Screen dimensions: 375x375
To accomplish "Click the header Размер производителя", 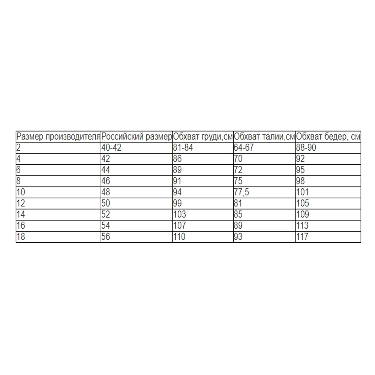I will (x=58, y=136).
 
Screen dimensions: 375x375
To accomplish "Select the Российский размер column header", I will (x=137, y=136).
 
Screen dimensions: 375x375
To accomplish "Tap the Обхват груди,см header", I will (x=203, y=136).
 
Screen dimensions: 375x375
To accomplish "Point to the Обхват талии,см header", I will (x=264, y=136).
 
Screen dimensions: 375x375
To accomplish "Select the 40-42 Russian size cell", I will (x=111, y=147).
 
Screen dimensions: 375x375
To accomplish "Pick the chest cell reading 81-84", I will (x=183, y=147).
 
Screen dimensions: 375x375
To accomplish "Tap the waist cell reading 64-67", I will (x=244, y=147).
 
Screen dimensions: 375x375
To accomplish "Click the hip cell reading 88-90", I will (x=306, y=147).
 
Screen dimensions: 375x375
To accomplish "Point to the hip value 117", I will (x=302, y=237).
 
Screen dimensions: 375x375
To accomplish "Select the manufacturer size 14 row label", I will (x=21, y=214).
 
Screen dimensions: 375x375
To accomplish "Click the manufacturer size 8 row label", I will (x=19, y=181).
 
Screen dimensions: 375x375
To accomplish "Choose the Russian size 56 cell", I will (x=106, y=237).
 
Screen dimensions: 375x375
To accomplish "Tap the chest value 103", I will (x=179, y=214).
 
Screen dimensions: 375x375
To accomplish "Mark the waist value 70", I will (x=238, y=159).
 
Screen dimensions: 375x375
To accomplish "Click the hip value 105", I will (x=303, y=203).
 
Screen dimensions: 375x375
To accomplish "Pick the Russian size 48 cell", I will (x=106, y=192).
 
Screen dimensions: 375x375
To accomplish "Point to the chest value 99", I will (x=177, y=203).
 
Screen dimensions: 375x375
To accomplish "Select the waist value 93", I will (x=238, y=237).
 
